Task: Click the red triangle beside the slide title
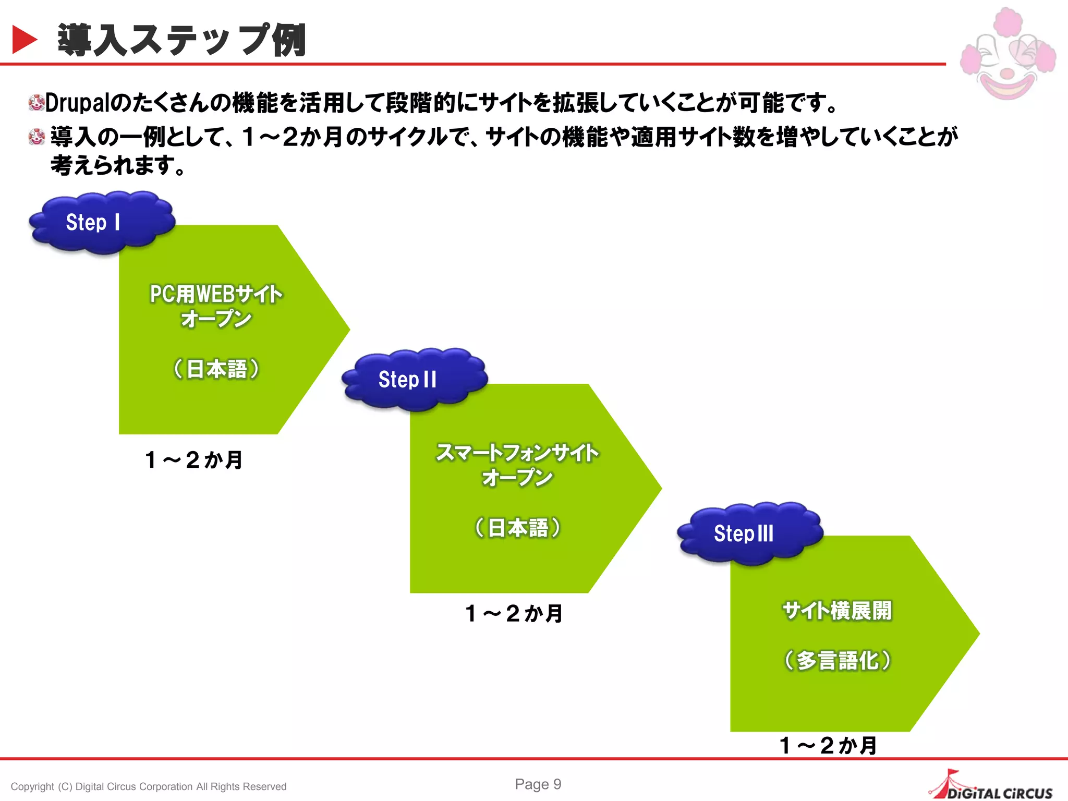click(x=24, y=40)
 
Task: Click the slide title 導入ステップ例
click(x=181, y=40)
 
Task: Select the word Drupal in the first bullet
click(x=77, y=103)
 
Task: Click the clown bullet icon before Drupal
click(x=36, y=103)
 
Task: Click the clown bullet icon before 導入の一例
click(x=37, y=137)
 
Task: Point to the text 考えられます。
click(x=118, y=166)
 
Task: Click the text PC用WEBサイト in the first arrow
click(x=216, y=294)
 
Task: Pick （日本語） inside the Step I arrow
click(x=216, y=369)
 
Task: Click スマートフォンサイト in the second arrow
click(x=517, y=453)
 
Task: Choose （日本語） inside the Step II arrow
click(x=517, y=528)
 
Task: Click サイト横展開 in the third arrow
click(x=837, y=611)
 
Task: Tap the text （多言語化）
click(x=838, y=661)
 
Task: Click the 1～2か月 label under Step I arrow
click(x=194, y=460)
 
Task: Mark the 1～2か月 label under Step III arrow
click(x=828, y=745)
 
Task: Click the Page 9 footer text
click(x=538, y=784)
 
